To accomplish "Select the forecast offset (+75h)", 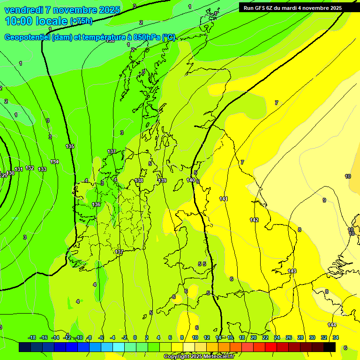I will (x=81, y=21).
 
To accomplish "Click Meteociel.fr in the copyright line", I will (x=218, y=357).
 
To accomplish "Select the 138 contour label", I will (x=139, y=180).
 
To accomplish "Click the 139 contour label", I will (x=162, y=180).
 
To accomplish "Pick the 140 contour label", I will (x=191, y=180).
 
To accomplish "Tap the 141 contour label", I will (x=224, y=199).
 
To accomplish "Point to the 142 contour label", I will (x=254, y=220).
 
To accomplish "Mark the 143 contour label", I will (x=292, y=271).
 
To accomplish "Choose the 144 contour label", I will (x=332, y=325).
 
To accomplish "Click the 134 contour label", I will (x=55, y=162).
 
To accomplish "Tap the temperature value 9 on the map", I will (x=324, y=200).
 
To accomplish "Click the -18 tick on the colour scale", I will (x=32, y=337).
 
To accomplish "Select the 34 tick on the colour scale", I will (x=336, y=337).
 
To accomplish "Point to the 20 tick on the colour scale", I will (x=254, y=337).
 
